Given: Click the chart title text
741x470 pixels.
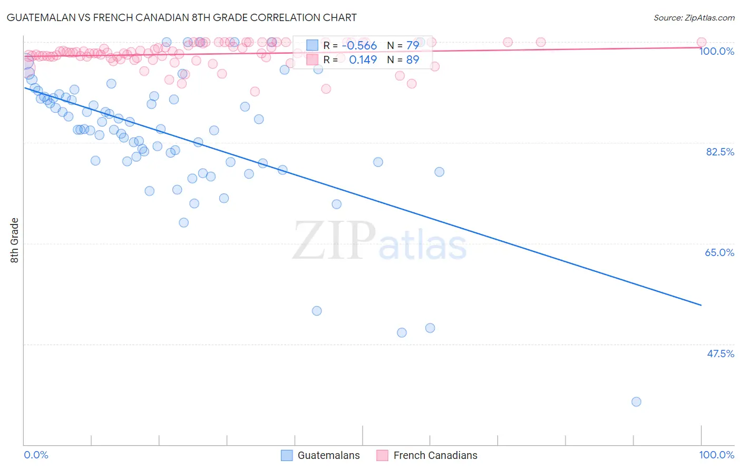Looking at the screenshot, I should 182,17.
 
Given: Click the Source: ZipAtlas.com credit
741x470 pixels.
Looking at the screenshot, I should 694,18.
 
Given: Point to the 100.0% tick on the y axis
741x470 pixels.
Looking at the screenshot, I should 716,51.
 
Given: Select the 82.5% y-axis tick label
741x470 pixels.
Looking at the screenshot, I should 719,152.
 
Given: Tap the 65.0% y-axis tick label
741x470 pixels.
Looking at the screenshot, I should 719,252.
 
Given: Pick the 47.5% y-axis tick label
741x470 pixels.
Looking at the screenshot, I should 720,354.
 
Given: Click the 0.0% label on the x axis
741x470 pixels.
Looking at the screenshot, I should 36,455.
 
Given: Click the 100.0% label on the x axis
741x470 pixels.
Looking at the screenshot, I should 716,455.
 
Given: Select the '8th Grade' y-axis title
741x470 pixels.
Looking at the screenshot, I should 15,240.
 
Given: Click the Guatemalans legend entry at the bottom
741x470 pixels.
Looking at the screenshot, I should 320,455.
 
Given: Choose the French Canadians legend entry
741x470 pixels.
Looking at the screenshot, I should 427,455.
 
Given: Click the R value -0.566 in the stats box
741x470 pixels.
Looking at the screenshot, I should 359,45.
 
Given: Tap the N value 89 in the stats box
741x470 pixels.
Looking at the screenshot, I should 412,60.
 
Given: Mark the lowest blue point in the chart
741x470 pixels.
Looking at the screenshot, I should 636,402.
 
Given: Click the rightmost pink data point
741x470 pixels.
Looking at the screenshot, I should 701,42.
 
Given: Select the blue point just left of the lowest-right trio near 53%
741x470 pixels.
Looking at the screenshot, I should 317,311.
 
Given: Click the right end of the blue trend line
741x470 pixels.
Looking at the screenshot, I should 701,305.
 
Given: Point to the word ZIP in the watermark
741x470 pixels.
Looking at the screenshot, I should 334,241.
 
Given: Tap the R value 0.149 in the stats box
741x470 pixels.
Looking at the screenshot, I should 363,60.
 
